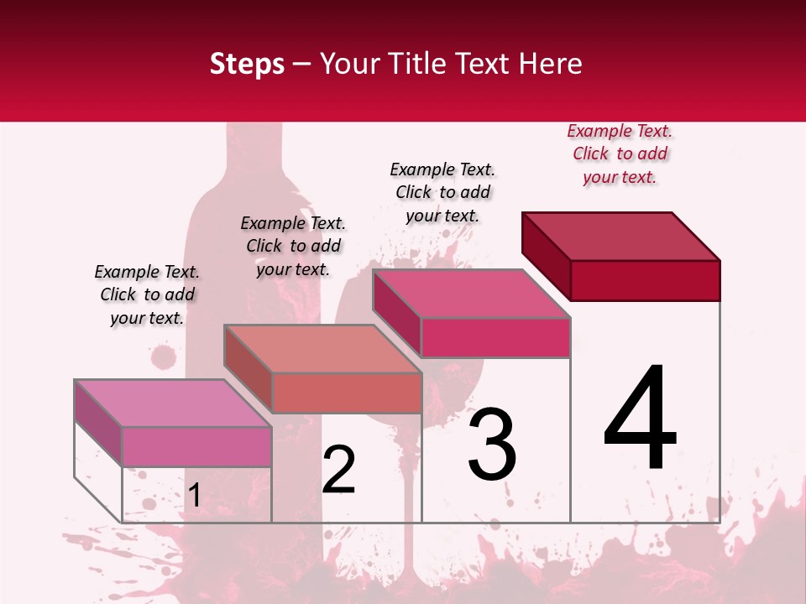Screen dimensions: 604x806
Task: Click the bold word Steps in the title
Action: coord(247,64)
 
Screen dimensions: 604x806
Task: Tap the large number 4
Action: coord(640,419)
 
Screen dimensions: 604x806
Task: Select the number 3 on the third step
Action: coord(492,445)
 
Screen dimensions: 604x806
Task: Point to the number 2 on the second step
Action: coord(339,470)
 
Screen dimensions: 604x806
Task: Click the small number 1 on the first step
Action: coord(194,496)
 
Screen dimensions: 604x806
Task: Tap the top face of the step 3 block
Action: coord(471,294)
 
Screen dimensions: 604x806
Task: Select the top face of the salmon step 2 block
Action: coord(322,349)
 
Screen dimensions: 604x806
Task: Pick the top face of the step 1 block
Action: coord(173,404)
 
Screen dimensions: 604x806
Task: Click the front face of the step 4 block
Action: coord(645,280)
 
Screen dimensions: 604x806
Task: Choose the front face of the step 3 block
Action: coord(495,337)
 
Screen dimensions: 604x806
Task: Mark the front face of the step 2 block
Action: coord(346,393)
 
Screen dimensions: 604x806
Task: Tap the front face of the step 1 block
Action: coord(196,446)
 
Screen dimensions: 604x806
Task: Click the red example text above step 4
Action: coord(620,154)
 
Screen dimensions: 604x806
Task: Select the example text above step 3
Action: coord(442,192)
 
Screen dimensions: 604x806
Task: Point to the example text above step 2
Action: coord(293,246)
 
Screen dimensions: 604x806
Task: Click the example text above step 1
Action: coord(147,294)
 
